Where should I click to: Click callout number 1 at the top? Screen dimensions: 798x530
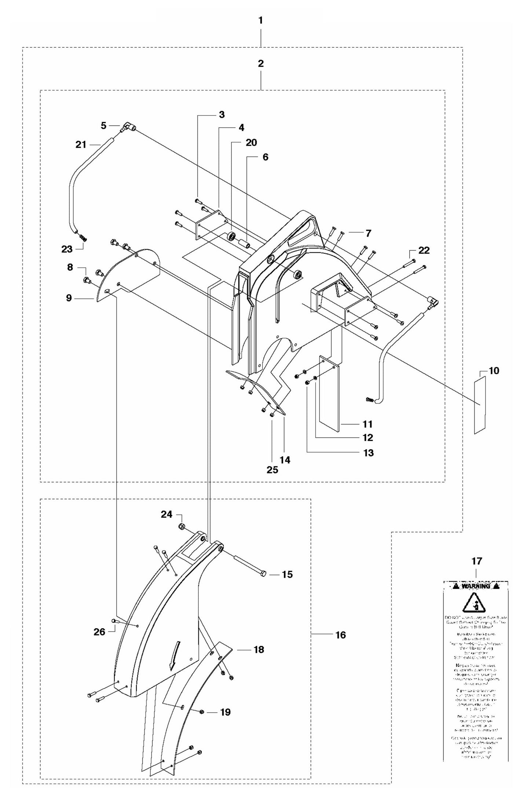[x=260, y=21]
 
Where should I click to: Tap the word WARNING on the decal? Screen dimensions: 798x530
[x=476, y=586]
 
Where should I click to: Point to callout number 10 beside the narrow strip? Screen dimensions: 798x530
[x=494, y=371]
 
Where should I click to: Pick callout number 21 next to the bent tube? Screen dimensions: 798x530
[x=81, y=145]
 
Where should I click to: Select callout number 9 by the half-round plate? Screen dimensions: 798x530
[x=69, y=298]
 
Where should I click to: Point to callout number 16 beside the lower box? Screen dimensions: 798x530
[x=340, y=635]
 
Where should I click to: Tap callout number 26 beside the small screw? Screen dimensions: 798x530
[x=99, y=632]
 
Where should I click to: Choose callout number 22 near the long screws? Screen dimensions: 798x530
[x=424, y=250]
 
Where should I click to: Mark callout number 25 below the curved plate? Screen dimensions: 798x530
[x=273, y=470]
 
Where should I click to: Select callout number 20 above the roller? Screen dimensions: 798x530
[x=251, y=142]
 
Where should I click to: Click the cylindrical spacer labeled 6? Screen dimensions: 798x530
[x=244, y=244]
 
